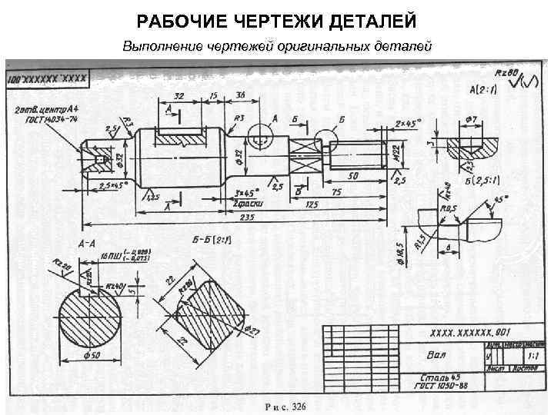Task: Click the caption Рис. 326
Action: click(x=285, y=406)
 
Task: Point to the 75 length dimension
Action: click(x=335, y=192)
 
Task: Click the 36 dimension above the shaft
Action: click(x=241, y=95)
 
